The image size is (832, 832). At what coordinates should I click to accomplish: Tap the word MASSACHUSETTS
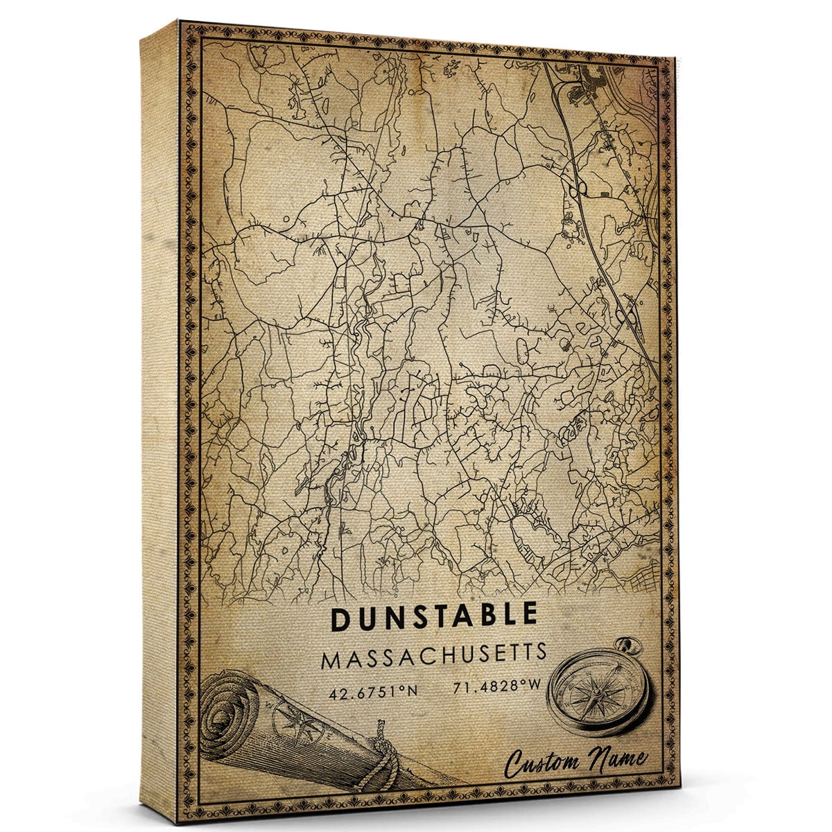click(x=434, y=655)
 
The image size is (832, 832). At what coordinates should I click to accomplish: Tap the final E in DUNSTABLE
click(x=529, y=616)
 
